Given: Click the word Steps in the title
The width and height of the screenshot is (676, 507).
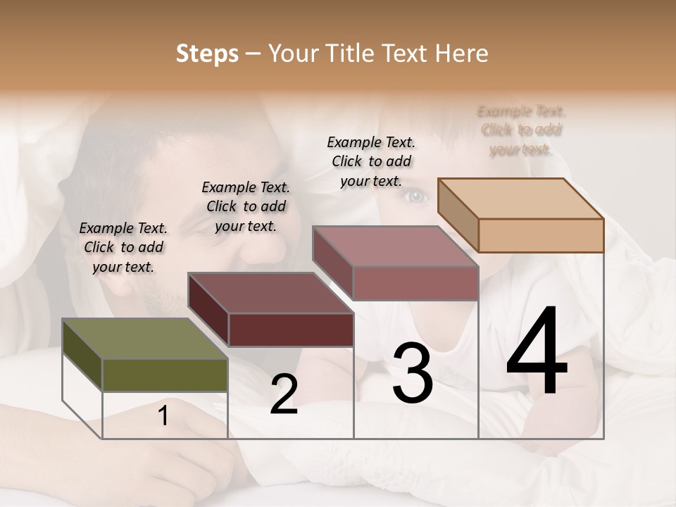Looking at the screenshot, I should click(x=207, y=54).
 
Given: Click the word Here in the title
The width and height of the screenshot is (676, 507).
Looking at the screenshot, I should click(x=461, y=54).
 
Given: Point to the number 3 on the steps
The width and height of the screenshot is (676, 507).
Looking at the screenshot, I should click(x=413, y=373).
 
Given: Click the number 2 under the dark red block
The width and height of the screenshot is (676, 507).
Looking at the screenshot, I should click(x=284, y=394).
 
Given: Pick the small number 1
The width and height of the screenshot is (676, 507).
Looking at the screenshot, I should click(x=163, y=416).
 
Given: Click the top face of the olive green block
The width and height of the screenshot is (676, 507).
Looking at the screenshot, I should click(x=144, y=339).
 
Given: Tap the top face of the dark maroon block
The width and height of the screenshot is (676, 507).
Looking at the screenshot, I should click(x=270, y=293).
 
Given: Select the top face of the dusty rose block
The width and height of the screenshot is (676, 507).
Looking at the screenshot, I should click(x=395, y=246).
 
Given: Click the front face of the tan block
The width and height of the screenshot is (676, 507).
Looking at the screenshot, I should click(x=541, y=235).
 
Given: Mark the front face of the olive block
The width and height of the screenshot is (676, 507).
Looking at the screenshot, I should click(x=165, y=375).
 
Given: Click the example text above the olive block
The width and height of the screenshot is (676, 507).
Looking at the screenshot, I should click(x=123, y=247).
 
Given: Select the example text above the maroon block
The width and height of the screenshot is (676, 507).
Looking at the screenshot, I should click(x=246, y=206).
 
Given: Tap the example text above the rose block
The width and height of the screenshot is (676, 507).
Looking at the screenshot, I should click(x=371, y=161).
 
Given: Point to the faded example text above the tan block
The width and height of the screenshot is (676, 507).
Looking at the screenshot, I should click(x=521, y=130).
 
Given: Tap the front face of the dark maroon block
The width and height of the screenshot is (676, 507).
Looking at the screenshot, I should click(x=291, y=330).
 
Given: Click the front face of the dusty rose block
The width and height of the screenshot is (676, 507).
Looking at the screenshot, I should click(x=415, y=283).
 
